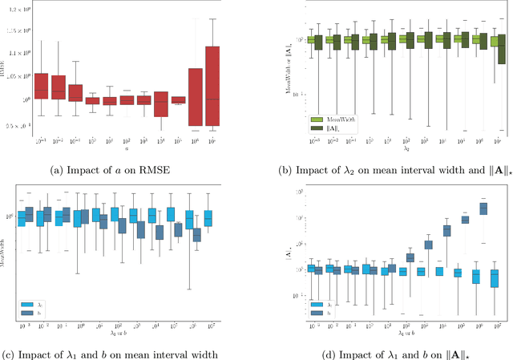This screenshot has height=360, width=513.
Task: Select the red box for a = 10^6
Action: click(195, 97)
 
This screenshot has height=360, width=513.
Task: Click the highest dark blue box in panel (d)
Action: click(483, 208)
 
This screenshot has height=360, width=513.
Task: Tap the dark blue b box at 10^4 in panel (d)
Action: click(446, 230)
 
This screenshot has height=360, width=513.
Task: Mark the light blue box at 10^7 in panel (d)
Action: click(495, 277)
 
